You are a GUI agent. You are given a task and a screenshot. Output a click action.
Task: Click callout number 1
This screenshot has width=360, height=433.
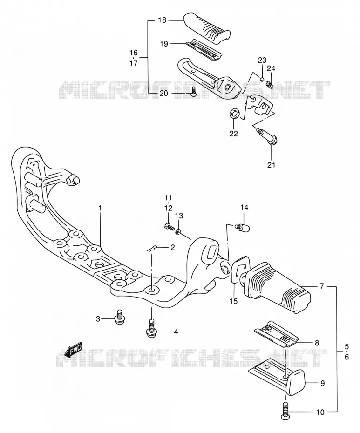100,208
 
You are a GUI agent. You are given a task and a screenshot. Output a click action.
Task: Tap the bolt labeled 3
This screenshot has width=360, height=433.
120,317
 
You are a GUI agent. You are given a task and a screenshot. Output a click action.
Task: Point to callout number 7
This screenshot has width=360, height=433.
322,286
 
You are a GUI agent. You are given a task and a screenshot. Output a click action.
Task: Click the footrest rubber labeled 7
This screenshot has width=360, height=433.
277,287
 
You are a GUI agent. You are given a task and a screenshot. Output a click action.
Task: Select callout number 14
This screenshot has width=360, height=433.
244,207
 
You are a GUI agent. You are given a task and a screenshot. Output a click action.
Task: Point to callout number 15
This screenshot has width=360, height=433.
233,301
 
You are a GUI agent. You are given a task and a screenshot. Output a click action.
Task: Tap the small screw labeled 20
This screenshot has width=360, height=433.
193,91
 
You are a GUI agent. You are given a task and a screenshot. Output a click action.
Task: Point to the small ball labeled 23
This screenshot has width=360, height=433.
262,80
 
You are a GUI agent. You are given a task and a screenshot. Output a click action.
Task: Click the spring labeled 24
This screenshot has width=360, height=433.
270,84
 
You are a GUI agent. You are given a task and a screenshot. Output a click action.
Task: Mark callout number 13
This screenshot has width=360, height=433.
179,216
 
